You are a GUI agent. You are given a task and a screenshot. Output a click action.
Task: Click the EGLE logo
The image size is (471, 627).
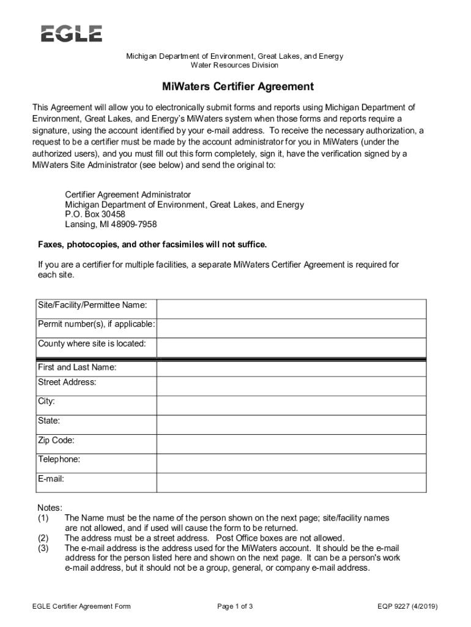point(72,34)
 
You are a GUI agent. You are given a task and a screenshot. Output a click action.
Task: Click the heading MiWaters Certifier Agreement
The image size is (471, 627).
point(235,87)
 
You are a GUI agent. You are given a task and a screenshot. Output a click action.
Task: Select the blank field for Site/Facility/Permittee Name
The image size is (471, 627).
point(291,309)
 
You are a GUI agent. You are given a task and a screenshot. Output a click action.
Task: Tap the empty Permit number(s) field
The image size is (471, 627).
point(291,328)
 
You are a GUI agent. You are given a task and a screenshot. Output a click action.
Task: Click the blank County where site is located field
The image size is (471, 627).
point(291,347)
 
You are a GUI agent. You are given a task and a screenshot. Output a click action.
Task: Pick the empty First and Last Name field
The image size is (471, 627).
point(291,369)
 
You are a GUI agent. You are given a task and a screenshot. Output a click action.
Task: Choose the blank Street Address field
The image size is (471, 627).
point(291,386)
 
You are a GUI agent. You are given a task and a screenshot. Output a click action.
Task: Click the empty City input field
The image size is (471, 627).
point(291,405)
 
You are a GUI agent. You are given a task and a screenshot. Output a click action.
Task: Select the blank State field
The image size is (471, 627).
point(291,425)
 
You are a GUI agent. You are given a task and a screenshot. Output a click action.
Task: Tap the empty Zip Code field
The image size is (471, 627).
point(291,444)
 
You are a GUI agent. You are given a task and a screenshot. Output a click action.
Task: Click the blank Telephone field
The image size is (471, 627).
point(291,463)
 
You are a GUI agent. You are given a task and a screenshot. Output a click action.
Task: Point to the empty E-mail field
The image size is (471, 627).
point(291,482)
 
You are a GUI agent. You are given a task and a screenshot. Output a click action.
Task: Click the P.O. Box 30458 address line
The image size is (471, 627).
point(95,214)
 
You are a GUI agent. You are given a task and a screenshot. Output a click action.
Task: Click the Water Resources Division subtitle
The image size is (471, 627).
point(234,66)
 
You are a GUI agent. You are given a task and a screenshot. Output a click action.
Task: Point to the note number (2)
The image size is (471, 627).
point(43,538)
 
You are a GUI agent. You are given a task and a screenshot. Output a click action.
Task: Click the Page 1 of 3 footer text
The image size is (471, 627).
point(235,607)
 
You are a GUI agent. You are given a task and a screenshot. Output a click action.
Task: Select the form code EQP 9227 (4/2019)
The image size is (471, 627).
point(408,607)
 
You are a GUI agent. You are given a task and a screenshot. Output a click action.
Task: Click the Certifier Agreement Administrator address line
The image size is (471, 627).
point(128,195)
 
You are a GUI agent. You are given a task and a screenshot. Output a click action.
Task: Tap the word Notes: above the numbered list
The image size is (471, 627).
point(50,508)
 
